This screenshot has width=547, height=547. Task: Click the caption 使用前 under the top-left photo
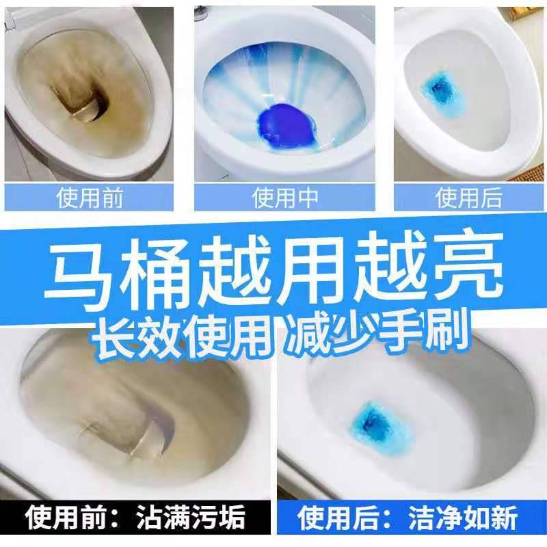(x=90, y=198)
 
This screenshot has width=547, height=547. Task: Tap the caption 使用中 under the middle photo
(x=285, y=198)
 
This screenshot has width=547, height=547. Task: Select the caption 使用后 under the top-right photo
(x=468, y=198)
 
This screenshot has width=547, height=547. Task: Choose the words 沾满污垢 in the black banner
(x=191, y=518)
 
